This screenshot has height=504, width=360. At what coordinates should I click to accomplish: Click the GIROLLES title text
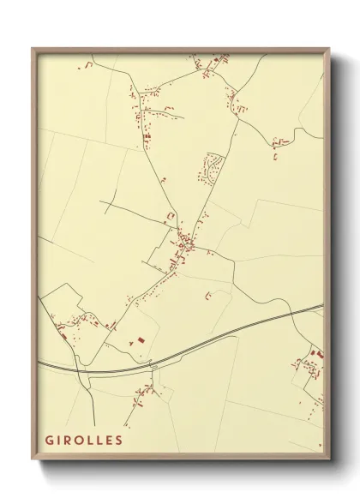[84, 440]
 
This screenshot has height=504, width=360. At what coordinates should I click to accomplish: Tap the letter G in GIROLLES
[50, 440]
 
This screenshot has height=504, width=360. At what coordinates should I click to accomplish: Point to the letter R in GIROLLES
[69, 440]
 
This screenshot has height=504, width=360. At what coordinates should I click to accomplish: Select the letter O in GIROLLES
[81, 440]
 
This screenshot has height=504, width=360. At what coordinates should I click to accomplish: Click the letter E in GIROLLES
[109, 440]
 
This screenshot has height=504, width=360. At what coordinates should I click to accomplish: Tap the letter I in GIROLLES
[60, 440]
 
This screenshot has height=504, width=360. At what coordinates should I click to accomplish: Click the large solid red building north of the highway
[135, 341]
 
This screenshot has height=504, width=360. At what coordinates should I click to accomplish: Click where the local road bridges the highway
[153, 367]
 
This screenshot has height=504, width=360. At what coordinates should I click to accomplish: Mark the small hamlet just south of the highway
[143, 393]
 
